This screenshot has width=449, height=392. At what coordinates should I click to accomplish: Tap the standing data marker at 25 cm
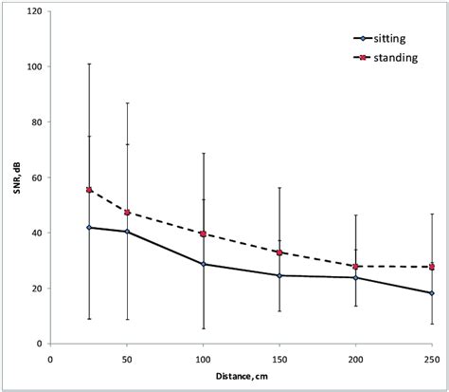pos(89,190)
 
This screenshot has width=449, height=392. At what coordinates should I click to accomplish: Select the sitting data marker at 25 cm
pos(89,228)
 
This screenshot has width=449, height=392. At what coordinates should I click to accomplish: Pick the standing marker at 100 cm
pos(204,233)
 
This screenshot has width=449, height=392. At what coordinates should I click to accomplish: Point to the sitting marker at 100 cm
pos(204,264)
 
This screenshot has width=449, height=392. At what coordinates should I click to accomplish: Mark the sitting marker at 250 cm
pos(432,293)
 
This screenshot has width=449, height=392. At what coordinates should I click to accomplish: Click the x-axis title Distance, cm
pos(241,378)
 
